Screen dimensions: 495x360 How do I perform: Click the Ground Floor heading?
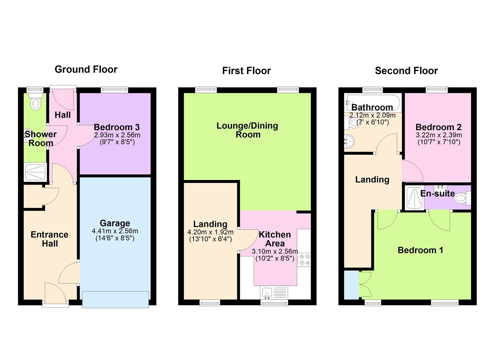pyautogui.click(x=86, y=69)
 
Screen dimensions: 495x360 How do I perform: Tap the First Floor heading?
pyautogui.click(x=246, y=71)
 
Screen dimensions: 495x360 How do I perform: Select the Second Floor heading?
pyautogui.click(x=406, y=71)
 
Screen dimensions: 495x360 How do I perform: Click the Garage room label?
pyautogui.click(x=115, y=223)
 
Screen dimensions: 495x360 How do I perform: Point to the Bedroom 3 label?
pyautogui.click(x=117, y=127)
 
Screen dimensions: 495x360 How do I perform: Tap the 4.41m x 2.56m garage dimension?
pyautogui.click(x=115, y=231)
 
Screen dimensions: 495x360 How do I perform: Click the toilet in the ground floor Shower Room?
pyautogui.click(x=35, y=101)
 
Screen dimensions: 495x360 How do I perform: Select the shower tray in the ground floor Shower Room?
pyautogui.click(x=35, y=172)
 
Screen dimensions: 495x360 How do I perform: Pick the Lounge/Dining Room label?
pyautogui.click(x=247, y=130)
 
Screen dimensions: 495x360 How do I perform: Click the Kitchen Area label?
pyautogui.click(x=275, y=239)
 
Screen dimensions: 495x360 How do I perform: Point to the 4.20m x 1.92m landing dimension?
pyautogui.click(x=210, y=232)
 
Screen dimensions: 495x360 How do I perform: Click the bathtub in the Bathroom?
pyautogui.click(x=373, y=103)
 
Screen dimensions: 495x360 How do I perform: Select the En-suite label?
pyautogui.click(x=438, y=193)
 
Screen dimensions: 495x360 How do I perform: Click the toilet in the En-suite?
pyautogui.click(x=462, y=198)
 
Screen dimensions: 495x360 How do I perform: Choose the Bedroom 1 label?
pyautogui.click(x=420, y=250)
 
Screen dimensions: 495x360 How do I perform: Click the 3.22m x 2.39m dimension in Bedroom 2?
pyautogui.click(x=439, y=135)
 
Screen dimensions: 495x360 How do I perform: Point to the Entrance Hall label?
pyautogui.click(x=49, y=239)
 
